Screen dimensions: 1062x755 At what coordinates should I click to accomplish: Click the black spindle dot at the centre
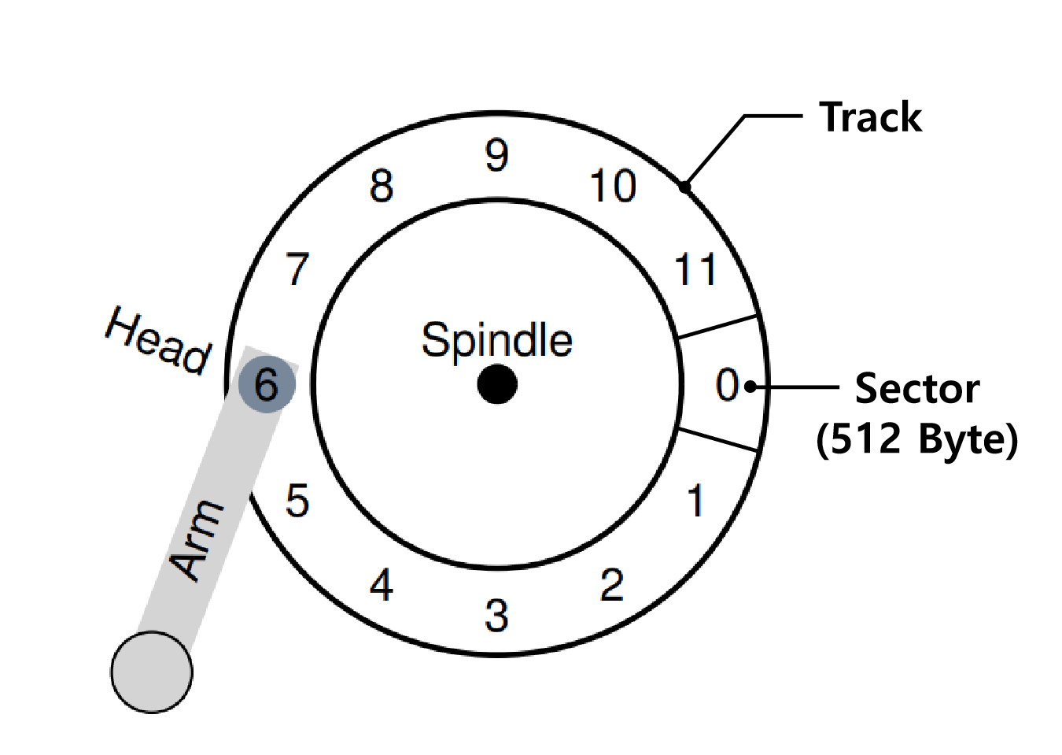point(497,384)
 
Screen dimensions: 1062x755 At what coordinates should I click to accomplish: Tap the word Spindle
point(496,340)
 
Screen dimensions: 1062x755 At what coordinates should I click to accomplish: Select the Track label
point(870,117)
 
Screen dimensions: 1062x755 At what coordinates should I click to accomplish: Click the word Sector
point(916,388)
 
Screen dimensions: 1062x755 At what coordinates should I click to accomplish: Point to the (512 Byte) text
point(916,439)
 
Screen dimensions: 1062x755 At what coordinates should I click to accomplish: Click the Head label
point(158,340)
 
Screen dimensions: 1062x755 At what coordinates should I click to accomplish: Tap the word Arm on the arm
point(197,540)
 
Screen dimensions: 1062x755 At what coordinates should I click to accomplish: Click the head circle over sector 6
point(267,384)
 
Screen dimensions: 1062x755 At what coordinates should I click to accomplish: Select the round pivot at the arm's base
point(152,672)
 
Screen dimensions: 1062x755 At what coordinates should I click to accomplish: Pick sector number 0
point(727,385)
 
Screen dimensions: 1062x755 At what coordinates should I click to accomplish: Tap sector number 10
point(613,187)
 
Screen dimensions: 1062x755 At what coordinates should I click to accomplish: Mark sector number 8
point(382,187)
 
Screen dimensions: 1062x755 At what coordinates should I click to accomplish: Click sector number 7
point(297,269)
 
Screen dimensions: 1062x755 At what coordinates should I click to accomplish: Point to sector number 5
point(297,501)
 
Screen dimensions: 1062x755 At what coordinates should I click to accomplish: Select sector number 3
point(496,616)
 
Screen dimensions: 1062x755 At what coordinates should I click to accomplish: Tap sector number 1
point(695,501)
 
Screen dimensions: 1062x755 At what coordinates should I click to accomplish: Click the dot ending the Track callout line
point(685,187)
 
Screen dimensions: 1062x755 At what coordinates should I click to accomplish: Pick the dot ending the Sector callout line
point(750,387)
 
